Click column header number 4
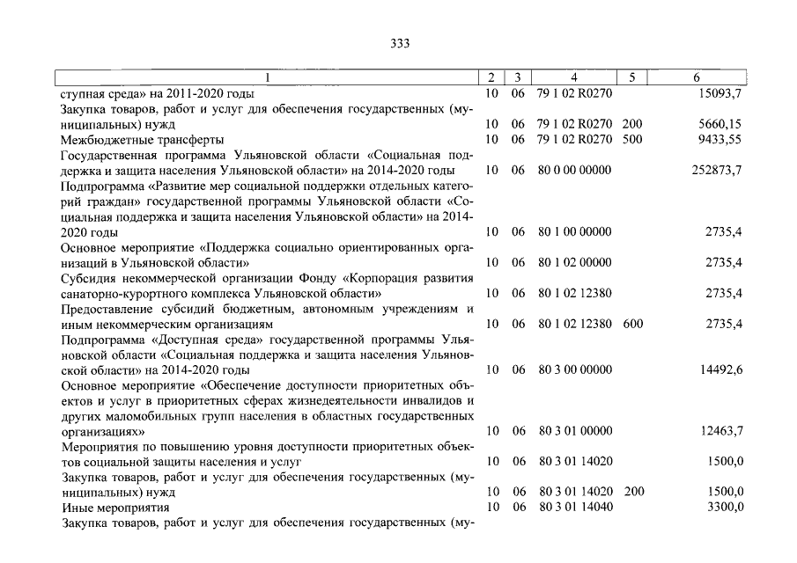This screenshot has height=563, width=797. coord(573,78)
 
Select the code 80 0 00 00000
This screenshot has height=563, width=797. coord(573,170)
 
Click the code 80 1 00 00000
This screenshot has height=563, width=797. coord(573,231)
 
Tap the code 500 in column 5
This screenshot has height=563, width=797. coord(632,139)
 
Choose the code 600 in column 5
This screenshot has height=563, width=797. coord(632,324)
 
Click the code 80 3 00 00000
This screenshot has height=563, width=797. coord(573,370)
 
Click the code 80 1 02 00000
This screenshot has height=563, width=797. coord(573,262)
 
